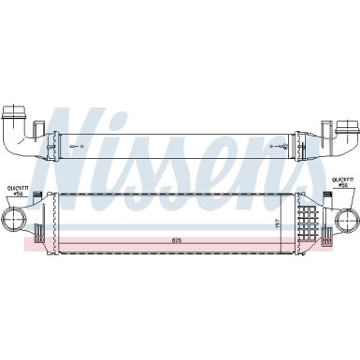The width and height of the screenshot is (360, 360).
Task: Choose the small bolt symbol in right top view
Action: (285, 149)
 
